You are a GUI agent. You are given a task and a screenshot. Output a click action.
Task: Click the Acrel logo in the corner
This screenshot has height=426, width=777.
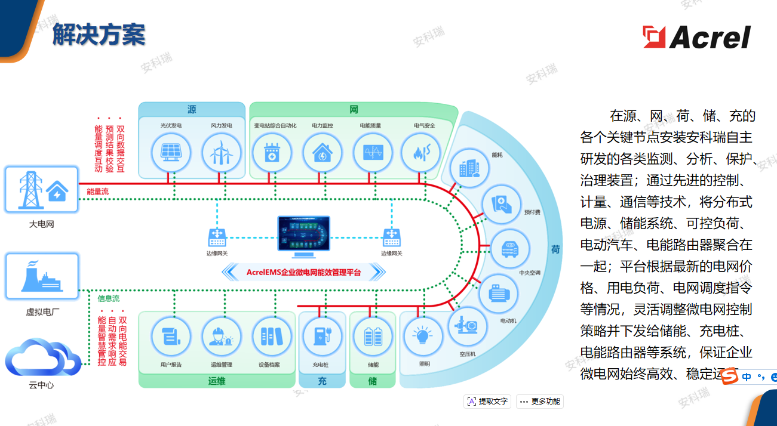(696, 37)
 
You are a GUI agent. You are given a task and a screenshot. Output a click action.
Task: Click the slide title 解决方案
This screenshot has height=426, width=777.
(99, 35)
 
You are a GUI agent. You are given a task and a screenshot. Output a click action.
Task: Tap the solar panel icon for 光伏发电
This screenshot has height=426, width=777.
(171, 152)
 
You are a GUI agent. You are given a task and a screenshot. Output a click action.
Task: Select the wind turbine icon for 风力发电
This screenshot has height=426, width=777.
(221, 152)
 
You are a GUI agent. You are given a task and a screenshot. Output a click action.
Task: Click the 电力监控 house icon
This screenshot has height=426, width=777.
(323, 152)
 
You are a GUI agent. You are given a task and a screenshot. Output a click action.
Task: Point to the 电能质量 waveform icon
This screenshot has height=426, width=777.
(373, 152)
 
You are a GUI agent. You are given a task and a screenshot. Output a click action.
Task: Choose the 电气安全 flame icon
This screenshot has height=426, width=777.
(421, 152)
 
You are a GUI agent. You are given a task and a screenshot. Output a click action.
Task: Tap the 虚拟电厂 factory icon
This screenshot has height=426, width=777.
(42, 277)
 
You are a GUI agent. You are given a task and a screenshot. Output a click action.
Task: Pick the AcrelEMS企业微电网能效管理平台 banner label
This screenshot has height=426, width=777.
(303, 273)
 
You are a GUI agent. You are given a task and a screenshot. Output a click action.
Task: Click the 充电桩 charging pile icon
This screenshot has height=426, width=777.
(322, 337)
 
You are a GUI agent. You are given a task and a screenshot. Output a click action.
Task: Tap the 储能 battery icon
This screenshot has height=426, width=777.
(373, 337)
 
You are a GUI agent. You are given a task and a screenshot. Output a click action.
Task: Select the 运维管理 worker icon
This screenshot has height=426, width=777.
(221, 337)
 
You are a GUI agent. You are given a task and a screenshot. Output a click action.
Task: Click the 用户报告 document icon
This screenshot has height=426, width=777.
(171, 337)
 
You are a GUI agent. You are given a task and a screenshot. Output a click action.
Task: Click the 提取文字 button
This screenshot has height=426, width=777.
(487, 402)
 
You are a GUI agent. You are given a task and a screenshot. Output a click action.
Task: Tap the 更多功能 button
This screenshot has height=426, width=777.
(540, 402)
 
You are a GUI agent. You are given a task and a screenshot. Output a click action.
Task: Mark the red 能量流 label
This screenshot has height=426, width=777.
(98, 192)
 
